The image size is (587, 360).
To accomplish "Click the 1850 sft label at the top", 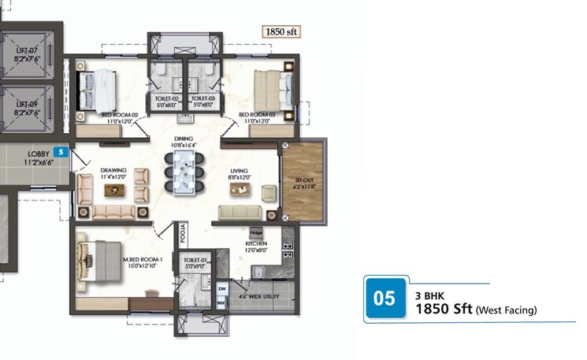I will click(281, 32).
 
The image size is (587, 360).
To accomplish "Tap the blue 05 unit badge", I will click(385, 299).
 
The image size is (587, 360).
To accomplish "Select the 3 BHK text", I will click(429, 295).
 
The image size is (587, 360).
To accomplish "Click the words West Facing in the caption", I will click(507, 310).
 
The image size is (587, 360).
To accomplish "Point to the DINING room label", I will click(183, 139).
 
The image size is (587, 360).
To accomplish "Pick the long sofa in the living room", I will click(240, 212).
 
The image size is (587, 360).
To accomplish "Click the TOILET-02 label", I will click(166, 99).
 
